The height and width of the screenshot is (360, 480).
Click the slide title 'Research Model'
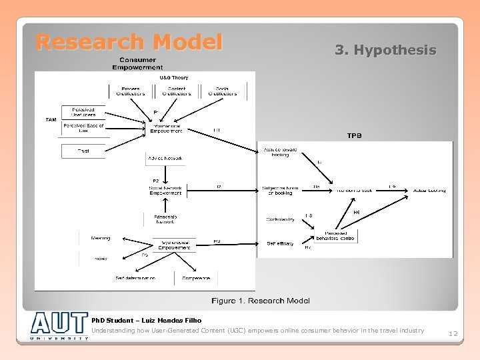click(x=129, y=43)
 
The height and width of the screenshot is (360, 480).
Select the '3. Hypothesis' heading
click(x=385, y=50)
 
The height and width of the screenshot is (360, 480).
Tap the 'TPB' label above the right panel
click(x=354, y=136)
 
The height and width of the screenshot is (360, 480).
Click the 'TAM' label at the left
click(x=51, y=120)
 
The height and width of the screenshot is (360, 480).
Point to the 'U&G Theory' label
click(x=173, y=78)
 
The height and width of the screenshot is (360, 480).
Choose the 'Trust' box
click(x=83, y=151)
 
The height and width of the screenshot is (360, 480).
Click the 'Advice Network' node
click(x=165, y=159)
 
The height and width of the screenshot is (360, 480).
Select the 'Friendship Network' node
click(x=165, y=219)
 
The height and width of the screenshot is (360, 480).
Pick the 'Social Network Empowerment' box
click(x=165, y=191)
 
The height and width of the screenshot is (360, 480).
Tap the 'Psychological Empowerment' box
click(x=175, y=245)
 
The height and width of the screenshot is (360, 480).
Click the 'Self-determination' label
click(x=135, y=278)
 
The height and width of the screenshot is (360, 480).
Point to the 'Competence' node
click(x=196, y=278)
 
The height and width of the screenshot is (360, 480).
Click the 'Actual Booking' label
click(x=429, y=191)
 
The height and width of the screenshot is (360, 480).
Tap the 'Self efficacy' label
click(x=280, y=244)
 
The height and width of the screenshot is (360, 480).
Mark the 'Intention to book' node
click(x=354, y=191)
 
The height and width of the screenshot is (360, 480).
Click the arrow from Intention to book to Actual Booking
click(x=393, y=191)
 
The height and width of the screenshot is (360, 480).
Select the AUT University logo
click(x=59, y=326)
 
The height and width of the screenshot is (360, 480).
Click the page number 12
click(x=453, y=333)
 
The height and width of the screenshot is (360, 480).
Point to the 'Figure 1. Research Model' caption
click(x=261, y=301)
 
